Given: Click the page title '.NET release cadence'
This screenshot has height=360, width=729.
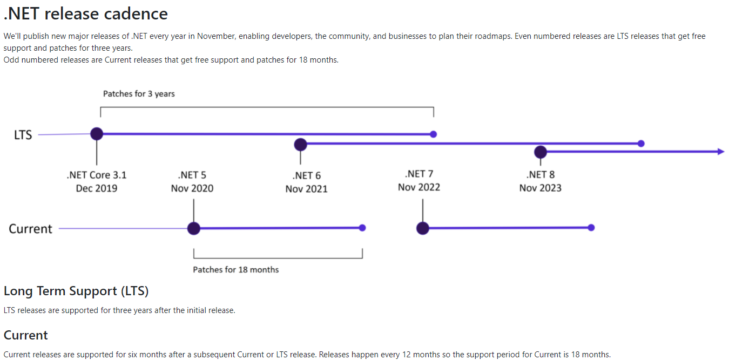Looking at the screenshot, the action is (x=86, y=14).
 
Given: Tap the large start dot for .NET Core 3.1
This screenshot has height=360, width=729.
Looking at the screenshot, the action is (x=97, y=134).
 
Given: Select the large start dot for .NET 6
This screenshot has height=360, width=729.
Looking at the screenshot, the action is (x=300, y=145).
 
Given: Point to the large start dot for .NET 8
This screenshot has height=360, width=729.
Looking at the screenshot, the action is (x=540, y=152).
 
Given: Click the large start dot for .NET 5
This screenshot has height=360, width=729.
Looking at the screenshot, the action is (x=194, y=228).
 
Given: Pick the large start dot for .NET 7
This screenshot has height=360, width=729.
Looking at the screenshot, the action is (x=423, y=228).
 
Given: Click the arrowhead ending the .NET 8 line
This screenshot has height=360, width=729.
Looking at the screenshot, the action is (x=721, y=152).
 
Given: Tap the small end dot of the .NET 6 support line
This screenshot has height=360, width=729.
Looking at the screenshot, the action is (x=641, y=144).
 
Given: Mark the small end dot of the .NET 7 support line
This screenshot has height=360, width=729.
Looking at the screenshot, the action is (x=591, y=228).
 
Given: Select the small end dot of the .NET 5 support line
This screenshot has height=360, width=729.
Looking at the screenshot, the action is (x=362, y=228).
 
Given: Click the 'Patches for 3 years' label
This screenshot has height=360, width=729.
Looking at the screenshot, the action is (x=139, y=94).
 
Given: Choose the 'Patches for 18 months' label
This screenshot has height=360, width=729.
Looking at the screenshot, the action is (x=236, y=269).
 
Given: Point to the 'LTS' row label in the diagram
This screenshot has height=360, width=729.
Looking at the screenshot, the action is (x=23, y=134).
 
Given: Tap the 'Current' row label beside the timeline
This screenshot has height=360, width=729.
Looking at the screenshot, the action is (x=30, y=229).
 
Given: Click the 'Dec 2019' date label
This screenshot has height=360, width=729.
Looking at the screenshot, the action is (x=97, y=188).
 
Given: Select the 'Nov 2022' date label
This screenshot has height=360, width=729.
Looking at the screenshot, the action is (x=419, y=187).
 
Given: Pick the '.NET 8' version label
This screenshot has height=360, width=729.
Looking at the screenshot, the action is (x=540, y=175).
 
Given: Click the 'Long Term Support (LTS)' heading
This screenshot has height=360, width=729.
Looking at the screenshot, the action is (x=76, y=291).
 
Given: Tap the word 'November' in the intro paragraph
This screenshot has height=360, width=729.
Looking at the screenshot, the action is (x=216, y=36).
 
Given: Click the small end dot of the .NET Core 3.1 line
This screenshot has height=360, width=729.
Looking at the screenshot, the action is (x=433, y=134).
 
